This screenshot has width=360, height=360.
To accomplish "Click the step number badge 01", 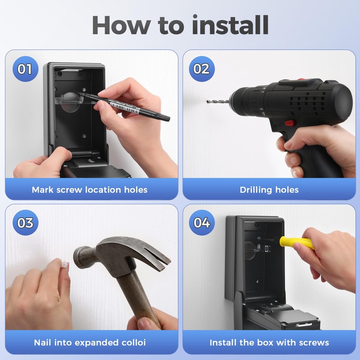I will tap(25, 69).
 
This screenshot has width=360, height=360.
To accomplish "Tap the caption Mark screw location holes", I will tap(90, 189).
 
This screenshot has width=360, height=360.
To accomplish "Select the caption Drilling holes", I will tap(269, 189).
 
